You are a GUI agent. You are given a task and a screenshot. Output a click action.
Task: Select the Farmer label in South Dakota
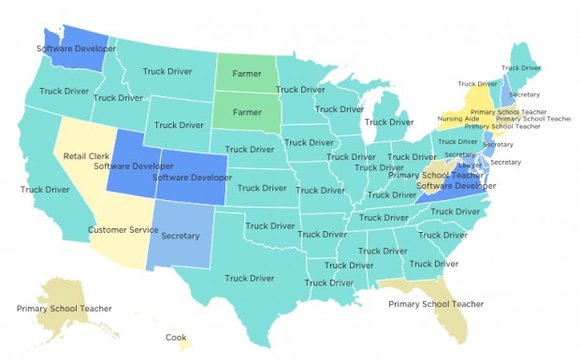pyautogui.click(x=247, y=111)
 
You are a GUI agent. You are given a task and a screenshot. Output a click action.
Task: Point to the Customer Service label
pyautogui.click(x=123, y=229)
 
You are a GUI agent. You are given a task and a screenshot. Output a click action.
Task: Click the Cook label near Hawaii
pyautogui.click(x=176, y=338)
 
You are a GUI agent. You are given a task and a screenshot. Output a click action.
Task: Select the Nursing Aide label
pyautogui.click(x=457, y=120)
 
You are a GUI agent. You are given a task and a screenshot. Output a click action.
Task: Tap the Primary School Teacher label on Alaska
pyautogui.click(x=64, y=308)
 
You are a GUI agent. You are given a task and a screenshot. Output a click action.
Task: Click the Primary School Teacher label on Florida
pyautogui.click(x=436, y=304)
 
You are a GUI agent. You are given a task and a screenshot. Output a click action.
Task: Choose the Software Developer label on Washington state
pyautogui.click(x=76, y=48)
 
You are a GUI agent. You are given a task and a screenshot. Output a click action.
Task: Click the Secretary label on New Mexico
pyautogui.click(x=181, y=236)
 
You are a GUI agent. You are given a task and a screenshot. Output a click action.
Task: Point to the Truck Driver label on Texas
pyautogui.click(x=249, y=278)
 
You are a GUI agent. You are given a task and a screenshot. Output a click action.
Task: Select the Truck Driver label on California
pyautogui.click(x=46, y=190)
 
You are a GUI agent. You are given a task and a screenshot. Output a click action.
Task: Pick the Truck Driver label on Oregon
pyautogui.click(x=65, y=92)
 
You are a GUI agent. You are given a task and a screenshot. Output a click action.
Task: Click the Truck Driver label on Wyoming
pyautogui.click(x=180, y=124)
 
